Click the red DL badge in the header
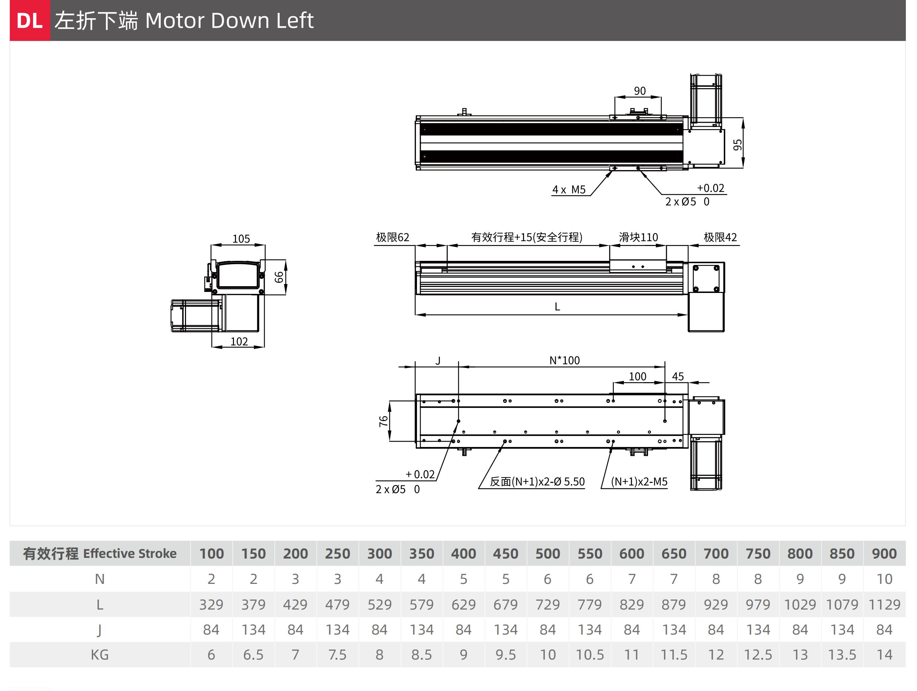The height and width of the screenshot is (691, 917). [30, 20]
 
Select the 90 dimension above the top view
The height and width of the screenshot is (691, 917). [640, 91]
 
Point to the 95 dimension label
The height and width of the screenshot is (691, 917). [737, 145]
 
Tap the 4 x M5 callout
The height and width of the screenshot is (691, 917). [569, 190]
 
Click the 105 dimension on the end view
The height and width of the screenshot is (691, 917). [241, 239]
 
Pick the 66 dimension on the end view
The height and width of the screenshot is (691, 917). [279, 277]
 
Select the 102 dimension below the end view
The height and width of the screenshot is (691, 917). [239, 341]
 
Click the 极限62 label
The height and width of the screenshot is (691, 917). [393, 237]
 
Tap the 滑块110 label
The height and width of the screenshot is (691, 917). [638, 237]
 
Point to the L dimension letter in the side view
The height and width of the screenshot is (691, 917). [557, 306]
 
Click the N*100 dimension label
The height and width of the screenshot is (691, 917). [565, 361]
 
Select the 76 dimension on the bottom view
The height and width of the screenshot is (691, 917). [384, 421]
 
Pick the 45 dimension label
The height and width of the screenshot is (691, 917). [678, 377]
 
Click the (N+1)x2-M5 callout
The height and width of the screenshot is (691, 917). [639, 482]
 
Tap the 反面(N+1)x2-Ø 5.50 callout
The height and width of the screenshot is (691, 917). [537, 482]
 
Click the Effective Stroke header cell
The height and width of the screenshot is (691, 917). [100, 553]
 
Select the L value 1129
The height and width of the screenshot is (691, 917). [884, 604]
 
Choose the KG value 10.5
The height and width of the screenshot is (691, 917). [589, 655]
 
